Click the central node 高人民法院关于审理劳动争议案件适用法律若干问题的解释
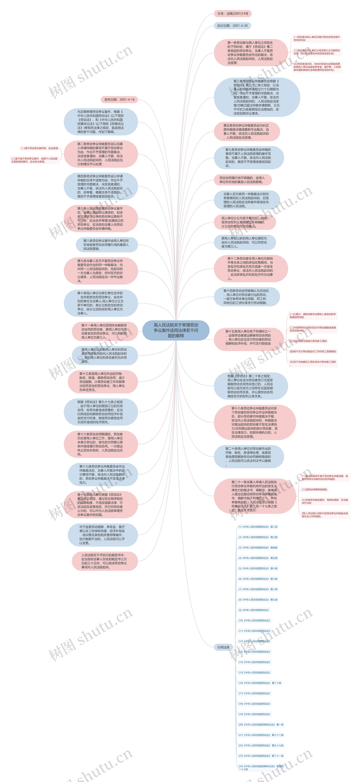tap(176, 330)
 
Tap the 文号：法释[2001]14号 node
tap(232, 14)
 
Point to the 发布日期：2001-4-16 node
tap(119, 100)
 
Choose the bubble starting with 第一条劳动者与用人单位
tap(250, 53)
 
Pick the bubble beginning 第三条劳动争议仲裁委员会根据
tap(256, 97)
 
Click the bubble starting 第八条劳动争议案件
tap(107, 245)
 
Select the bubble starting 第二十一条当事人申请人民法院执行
tap(254, 496)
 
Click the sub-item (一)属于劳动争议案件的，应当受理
tap(40, 148)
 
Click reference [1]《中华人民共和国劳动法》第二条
tap(258, 527)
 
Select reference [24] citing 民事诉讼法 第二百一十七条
tap(261, 768)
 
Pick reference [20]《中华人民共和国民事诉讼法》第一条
tap(261, 725)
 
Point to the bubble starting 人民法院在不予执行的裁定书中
tap(104, 561)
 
